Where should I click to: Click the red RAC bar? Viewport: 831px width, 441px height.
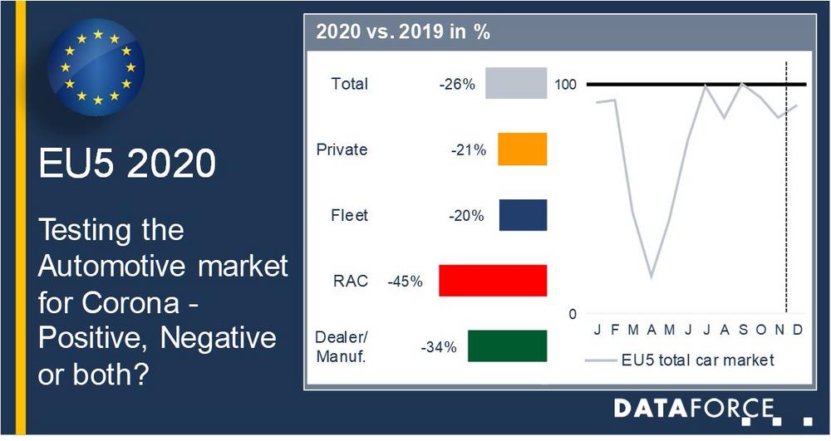493,281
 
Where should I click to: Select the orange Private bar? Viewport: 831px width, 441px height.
522,149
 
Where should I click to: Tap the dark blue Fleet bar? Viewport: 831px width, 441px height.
523,215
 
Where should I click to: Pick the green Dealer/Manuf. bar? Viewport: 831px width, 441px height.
507,346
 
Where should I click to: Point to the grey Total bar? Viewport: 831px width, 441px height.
516,83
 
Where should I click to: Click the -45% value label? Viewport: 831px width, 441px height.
405,281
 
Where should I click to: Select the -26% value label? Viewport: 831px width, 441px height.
457,84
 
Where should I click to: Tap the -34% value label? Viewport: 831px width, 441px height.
438,347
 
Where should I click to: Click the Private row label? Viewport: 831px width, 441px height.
342,149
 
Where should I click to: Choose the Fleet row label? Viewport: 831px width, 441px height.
349,215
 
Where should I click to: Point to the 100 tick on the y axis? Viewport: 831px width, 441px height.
565,85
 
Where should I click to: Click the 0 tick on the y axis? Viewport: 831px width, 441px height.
573,314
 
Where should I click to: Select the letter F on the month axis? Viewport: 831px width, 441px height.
615,330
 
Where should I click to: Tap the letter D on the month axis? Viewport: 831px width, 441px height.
798,330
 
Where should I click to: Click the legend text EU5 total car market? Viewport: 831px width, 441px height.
697,360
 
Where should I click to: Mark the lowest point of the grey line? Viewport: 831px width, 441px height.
652,277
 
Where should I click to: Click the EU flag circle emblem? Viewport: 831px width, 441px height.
96,67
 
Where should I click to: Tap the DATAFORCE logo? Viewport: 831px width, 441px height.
713,411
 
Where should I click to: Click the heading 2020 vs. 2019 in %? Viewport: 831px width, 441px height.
403,32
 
